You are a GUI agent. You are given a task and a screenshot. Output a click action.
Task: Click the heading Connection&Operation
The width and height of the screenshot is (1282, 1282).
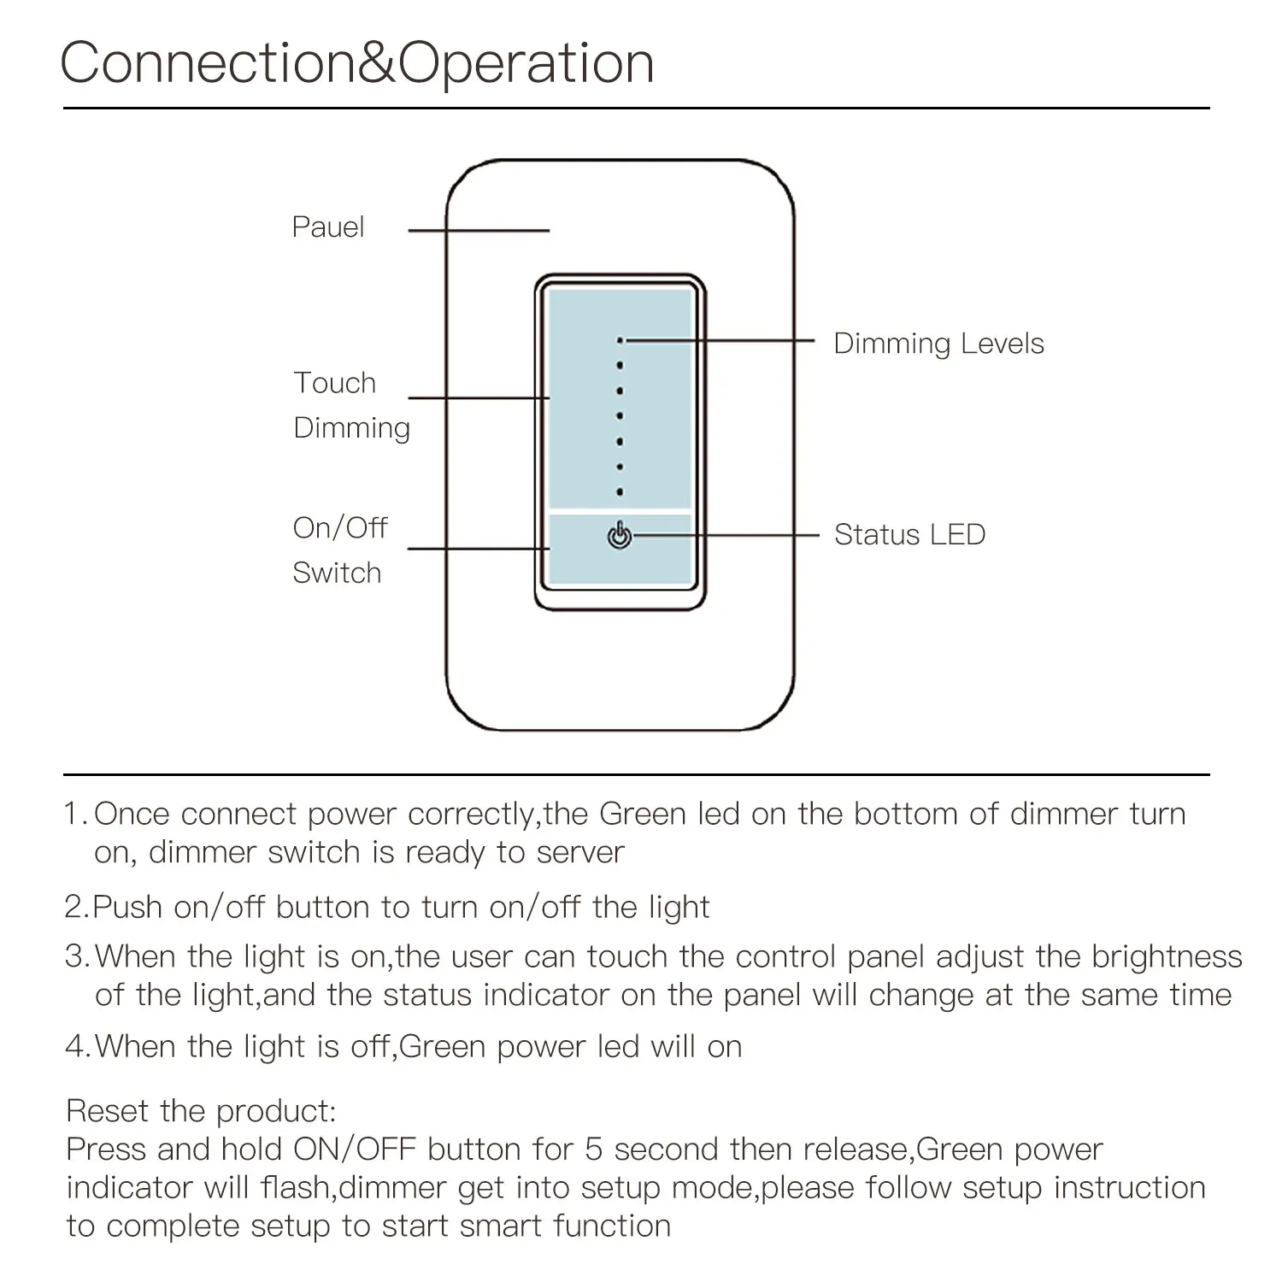[357, 63]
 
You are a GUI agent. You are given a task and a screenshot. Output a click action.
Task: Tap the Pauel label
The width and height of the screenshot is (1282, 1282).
[328, 227]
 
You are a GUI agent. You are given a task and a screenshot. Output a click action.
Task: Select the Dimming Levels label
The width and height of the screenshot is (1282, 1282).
[938, 344]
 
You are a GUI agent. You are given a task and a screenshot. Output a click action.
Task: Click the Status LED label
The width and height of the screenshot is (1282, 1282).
[909, 535]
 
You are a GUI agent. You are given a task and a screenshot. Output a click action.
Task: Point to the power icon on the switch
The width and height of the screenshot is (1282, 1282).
[620, 536]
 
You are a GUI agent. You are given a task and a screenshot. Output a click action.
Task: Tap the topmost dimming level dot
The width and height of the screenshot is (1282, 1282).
[620, 341]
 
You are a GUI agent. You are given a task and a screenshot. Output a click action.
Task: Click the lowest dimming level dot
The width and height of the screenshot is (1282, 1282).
[620, 492]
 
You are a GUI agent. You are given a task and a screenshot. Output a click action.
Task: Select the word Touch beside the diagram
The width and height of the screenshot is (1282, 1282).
[334, 383]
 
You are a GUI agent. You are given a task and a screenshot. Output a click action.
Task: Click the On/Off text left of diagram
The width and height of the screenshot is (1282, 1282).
[340, 528]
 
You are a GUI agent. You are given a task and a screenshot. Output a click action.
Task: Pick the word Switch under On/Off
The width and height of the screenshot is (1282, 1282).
[337, 573]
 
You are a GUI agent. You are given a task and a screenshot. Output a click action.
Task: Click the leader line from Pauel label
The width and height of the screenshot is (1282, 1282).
[479, 231]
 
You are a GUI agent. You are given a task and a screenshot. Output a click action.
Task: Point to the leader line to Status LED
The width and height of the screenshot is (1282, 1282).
[726, 536]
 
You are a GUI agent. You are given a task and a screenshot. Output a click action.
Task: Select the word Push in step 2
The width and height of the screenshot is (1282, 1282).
[127, 907]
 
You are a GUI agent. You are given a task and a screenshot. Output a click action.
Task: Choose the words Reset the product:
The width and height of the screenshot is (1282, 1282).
[202, 1111]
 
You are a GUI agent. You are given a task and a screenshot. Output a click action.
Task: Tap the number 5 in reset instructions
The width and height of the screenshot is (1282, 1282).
[594, 1150]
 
